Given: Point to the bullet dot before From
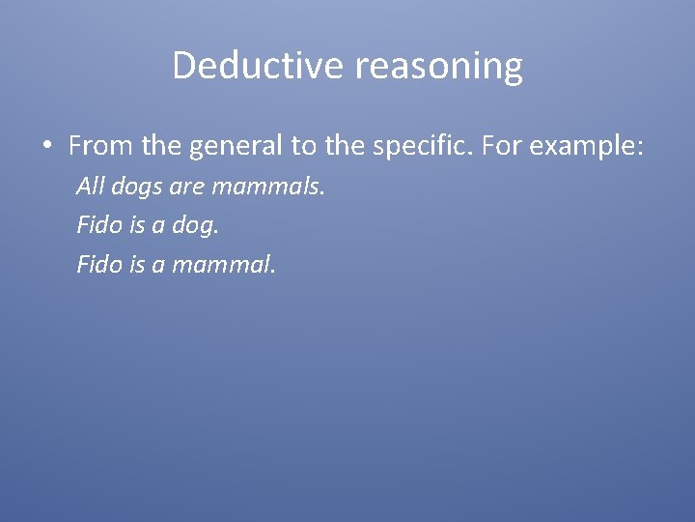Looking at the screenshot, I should point(46,147).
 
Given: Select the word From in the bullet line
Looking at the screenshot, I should point(101,147).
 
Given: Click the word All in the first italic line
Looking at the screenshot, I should point(89,186).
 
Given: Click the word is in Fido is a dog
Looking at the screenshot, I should point(138,225).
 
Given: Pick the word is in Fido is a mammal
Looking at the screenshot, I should point(138,265).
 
